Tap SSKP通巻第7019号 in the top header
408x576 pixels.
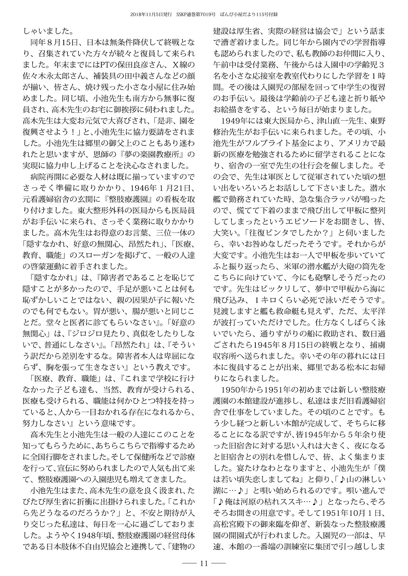pyautogui.click(x=195, y=14)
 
